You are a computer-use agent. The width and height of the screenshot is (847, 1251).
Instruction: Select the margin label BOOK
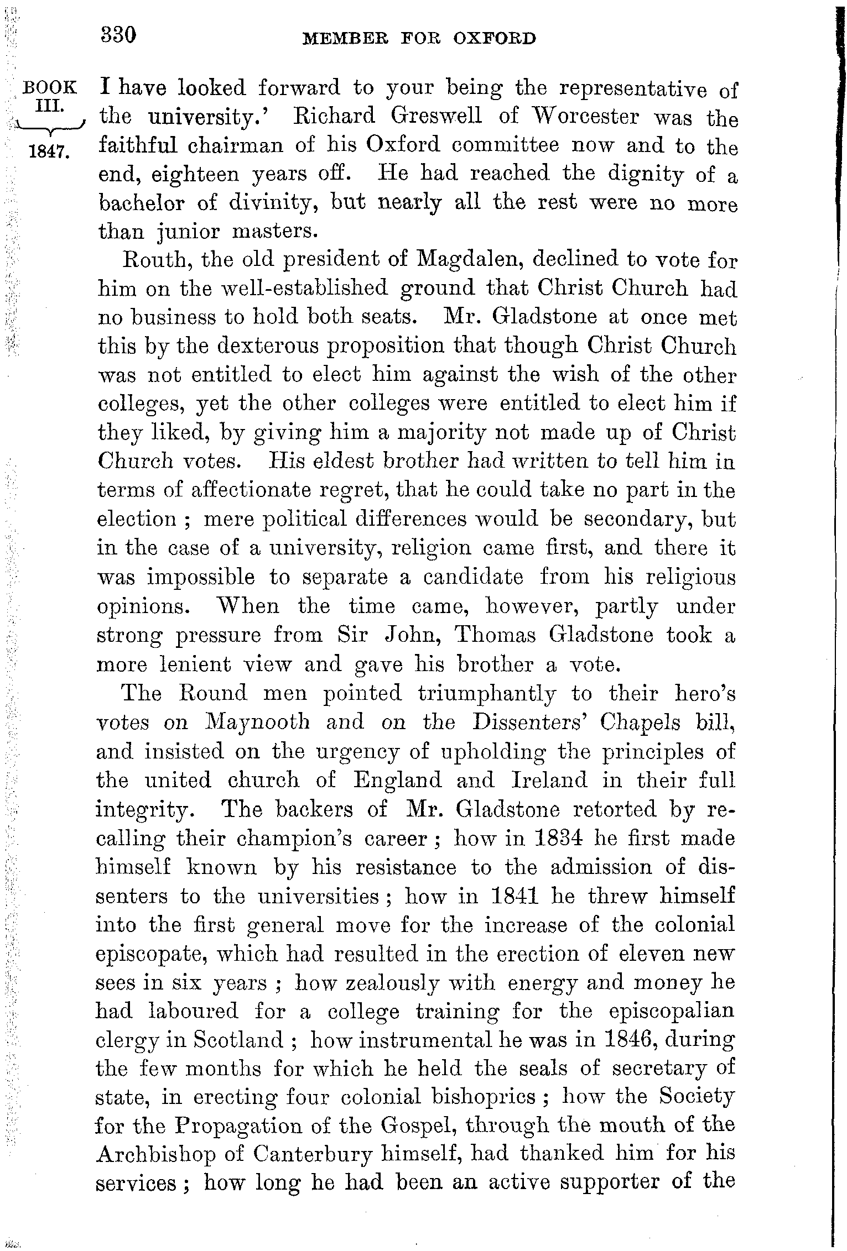(x=49, y=87)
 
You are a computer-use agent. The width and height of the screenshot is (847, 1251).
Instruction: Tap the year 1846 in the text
(x=630, y=1040)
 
